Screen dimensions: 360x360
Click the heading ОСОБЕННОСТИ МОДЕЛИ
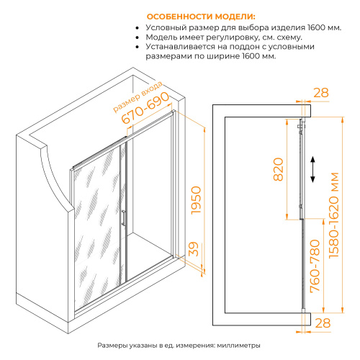(x=201, y=17)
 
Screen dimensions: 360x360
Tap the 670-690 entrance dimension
(x=145, y=108)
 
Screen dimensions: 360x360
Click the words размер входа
(x=138, y=96)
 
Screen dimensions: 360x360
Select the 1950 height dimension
(x=196, y=200)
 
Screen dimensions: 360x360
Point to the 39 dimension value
(x=194, y=249)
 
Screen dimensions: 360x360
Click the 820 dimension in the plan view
(x=279, y=169)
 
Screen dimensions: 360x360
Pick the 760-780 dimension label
(x=315, y=266)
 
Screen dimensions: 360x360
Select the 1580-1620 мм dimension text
(x=334, y=215)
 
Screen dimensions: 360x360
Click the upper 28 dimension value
(x=321, y=93)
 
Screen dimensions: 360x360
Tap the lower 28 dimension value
(x=323, y=323)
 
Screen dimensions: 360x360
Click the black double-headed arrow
(x=312, y=169)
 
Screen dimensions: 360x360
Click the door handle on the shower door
(x=123, y=218)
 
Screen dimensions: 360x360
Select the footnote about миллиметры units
(x=179, y=346)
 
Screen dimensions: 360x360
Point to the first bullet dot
(x=138, y=28)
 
